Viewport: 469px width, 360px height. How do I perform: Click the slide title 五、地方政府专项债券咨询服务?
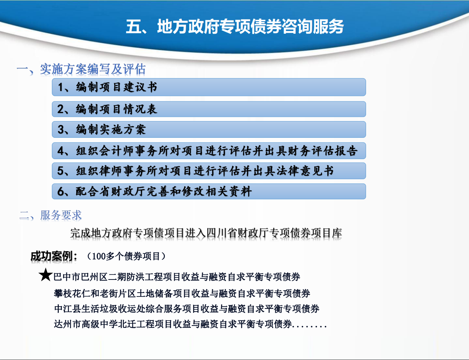[234, 27]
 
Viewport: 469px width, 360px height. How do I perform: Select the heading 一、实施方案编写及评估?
[81, 69]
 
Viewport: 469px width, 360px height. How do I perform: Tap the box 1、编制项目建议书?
[209, 87]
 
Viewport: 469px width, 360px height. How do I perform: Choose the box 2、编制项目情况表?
[209, 109]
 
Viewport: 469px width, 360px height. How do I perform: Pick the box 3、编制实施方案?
[209, 129]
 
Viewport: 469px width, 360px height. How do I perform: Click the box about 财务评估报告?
[209, 151]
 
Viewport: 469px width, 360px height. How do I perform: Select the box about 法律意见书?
[209, 171]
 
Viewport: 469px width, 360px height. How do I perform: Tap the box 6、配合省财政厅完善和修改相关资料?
[209, 191]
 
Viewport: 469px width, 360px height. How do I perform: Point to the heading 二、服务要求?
[51, 215]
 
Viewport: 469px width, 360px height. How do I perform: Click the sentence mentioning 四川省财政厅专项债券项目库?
[206, 233]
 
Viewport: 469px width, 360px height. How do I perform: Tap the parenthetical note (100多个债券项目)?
[126, 256]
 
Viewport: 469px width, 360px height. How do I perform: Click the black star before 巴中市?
[45, 276]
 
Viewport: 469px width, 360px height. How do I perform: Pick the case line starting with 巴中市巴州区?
[177, 277]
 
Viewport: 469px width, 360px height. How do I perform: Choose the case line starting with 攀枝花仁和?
[182, 293]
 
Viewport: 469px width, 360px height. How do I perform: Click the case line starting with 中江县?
[187, 309]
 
